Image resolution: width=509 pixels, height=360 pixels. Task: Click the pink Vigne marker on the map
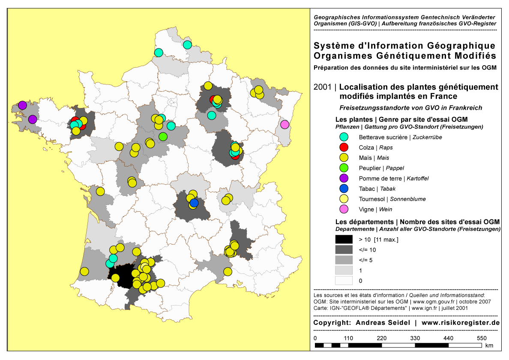284,125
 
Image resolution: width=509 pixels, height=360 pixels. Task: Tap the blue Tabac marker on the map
194,203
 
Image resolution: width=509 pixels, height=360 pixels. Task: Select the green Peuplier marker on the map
163,136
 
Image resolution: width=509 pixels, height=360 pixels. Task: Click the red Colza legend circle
343,147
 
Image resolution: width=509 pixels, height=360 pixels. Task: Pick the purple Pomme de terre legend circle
343,178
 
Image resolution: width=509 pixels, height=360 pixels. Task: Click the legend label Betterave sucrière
383,138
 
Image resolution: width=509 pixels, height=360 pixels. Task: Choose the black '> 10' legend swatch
344,239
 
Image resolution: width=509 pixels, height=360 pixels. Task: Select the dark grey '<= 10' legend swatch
344,249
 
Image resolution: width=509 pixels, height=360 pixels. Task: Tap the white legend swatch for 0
344,281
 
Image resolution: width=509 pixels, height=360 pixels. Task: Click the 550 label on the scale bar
482,338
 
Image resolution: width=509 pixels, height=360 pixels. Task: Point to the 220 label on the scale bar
381,338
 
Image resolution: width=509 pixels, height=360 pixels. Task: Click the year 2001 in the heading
322,87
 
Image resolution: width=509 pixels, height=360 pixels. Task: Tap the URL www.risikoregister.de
461,322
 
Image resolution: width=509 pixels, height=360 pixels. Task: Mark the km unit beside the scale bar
489,345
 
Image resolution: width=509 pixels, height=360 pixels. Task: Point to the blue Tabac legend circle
343,189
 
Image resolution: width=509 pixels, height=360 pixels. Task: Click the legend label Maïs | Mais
374,158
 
